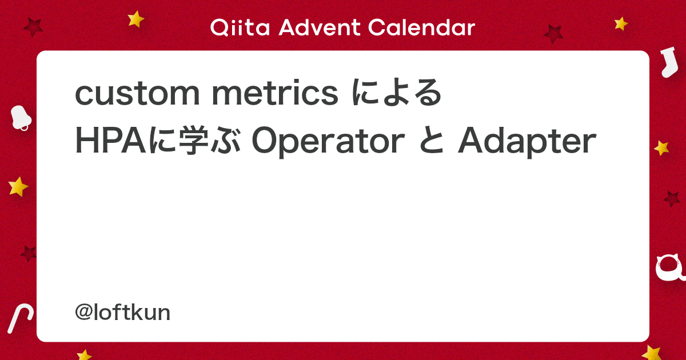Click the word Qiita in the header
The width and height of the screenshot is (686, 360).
click(240, 27)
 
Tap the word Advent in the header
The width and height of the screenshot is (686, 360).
click(320, 27)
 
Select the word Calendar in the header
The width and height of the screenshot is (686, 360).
click(421, 27)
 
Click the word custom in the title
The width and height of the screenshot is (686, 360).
click(137, 93)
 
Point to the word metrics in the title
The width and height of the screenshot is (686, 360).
click(275, 93)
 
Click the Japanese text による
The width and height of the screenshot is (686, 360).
click(397, 93)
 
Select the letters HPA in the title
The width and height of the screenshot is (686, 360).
click(110, 141)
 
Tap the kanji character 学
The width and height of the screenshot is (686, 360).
click(193, 141)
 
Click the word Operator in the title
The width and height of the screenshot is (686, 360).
click(328, 142)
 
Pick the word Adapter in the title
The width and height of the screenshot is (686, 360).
click(527, 142)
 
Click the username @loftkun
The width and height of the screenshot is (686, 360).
click(122, 313)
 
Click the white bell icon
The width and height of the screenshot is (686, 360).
click(21, 118)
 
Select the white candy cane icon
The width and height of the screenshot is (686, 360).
click(20, 318)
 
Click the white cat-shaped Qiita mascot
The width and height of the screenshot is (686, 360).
click(670, 268)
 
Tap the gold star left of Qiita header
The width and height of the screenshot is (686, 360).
click(135, 19)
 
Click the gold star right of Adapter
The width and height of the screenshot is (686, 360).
click(661, 148)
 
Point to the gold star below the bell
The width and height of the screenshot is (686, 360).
click(18, 186)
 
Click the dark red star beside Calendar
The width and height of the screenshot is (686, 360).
click(553, 34)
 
